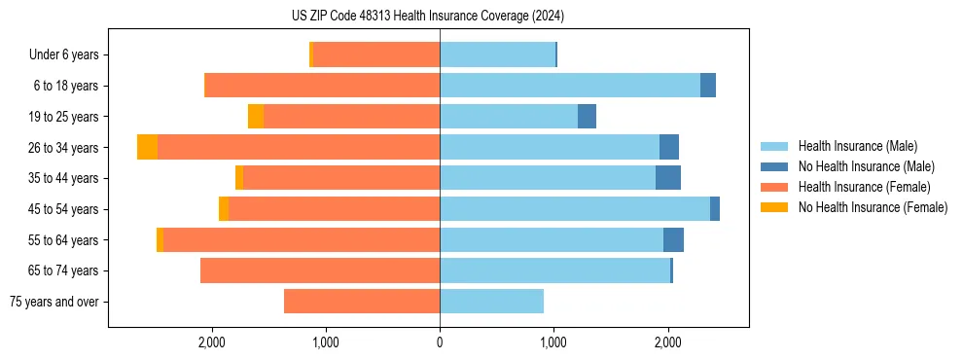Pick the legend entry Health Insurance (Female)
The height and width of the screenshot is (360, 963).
[x=858, y=187]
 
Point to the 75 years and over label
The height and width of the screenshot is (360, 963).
[x=53, y=302]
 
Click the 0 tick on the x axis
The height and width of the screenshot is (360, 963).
[x=440, y=342]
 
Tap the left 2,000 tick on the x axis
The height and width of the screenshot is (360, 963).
[x=211, y=342]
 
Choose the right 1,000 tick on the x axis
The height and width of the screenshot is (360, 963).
[x=553, y=342]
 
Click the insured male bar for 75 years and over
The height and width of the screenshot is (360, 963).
[x=491, y=302]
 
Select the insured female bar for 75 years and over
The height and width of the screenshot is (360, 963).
[x=362, y=302]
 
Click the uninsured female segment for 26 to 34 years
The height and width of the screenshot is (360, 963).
[x=147, y=147]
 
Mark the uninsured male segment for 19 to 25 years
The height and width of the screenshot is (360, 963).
[x=587, y=117]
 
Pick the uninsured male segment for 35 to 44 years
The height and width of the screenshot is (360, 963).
[x=667, y=178]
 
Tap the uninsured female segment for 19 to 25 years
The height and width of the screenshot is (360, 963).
[x=256, y=117]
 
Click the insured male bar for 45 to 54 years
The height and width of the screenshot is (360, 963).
[x=574, y=209]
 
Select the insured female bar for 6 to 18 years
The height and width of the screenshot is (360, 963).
[x=322, y=86]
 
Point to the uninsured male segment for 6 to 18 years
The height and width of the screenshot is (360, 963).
[x=708, y=86]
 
